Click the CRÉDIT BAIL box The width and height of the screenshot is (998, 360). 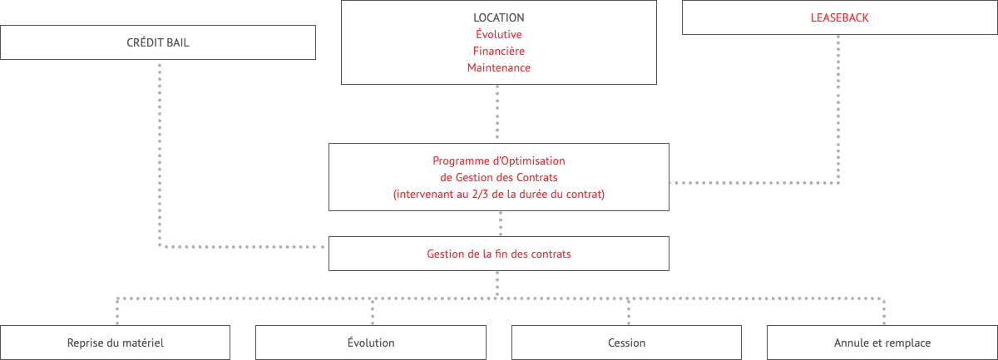coord(158,42)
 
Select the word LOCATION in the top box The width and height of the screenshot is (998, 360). coord(498,17)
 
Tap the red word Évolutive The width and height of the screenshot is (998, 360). coord(498,34)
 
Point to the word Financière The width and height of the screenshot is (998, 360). coord(498,52)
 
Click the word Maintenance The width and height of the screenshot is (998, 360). coord(498,67)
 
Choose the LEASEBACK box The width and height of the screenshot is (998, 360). coord(839,17)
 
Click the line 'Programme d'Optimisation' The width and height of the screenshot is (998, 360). coord(498,160)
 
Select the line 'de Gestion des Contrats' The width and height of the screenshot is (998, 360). coord(498,177)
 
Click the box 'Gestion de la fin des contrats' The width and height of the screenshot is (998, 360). coord(498,254)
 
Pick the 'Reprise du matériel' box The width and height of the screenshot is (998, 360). coord(115,343)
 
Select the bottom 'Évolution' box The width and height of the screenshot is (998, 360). coord(371,343)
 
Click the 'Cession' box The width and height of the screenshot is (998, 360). coord(626,343)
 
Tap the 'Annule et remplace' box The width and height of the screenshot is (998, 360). coord(882,343)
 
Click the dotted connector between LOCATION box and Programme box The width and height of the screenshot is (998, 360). coord(497,112)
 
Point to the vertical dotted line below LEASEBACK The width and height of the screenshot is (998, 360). coord(838,109)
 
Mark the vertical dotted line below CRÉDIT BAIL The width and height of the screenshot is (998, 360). coord(160,155)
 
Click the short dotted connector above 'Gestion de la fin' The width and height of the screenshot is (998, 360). coord(501,224)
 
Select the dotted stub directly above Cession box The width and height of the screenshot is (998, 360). coord(628,312)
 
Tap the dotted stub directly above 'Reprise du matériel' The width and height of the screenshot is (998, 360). coord(117,312)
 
